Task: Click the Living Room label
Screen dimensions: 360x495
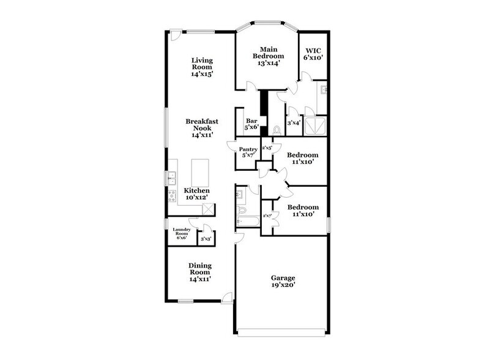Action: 201,67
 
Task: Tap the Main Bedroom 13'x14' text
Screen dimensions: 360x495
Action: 266,56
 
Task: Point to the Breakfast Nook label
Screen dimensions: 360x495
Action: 202,129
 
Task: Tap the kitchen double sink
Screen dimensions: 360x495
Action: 172,178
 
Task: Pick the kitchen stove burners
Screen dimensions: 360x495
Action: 171,197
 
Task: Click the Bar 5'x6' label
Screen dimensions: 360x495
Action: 251,124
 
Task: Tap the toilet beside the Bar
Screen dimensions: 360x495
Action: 276,130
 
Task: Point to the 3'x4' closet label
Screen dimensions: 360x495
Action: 294,122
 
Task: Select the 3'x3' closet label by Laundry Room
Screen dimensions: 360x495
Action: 206,239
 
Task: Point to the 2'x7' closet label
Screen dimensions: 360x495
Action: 267,216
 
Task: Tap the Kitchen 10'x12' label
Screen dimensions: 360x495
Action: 197,194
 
